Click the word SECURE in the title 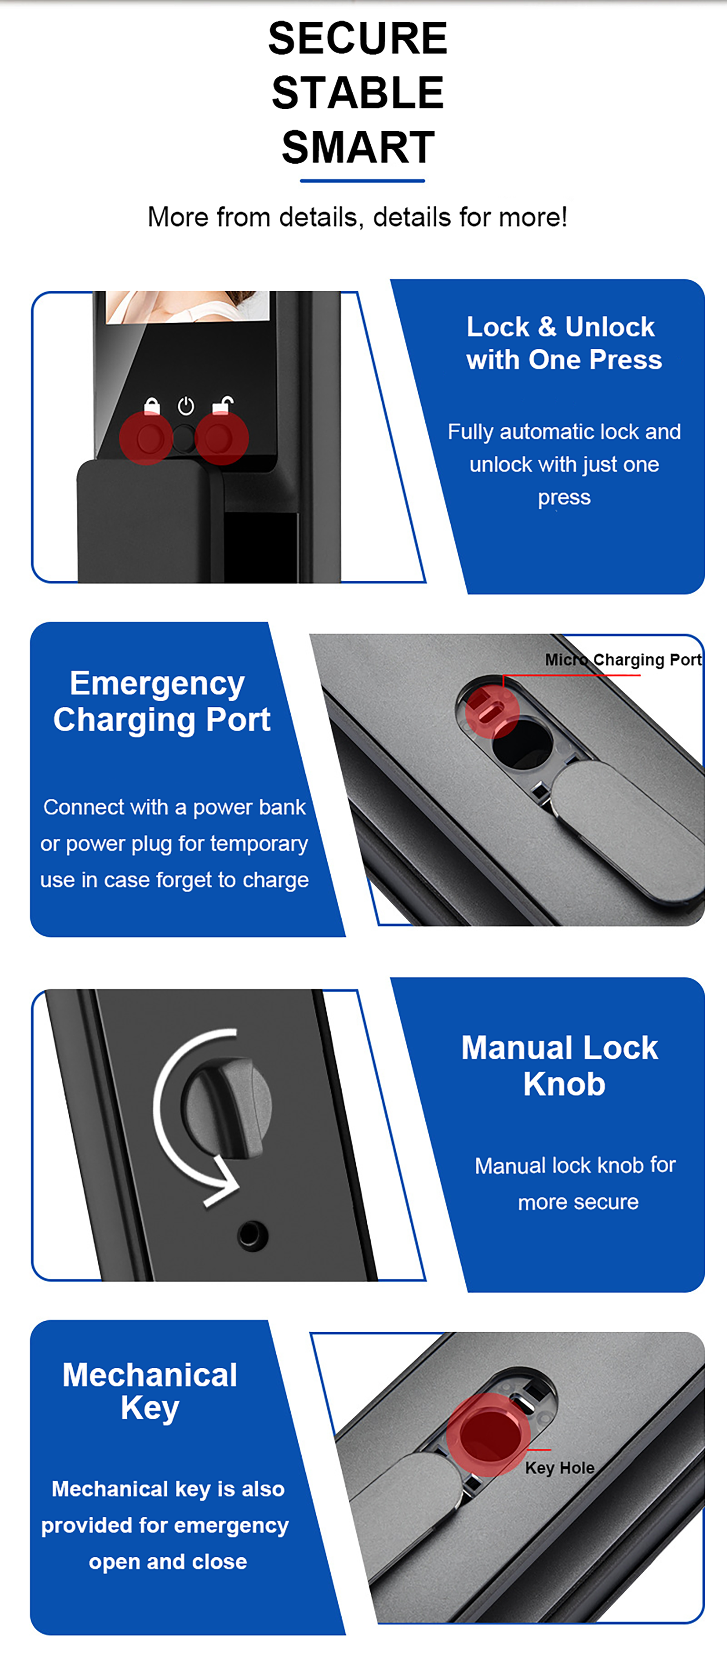pos(358,38)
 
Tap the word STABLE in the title pos(358,92)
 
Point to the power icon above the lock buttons pos(186,406)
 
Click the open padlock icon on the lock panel pos(223,405)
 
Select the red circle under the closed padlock pos(146,438)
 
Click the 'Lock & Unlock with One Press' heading pos(564,343)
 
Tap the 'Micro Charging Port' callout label pos(623,660)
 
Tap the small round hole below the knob pos(253,1235)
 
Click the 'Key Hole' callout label pos(560,1468)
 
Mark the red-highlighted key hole pos(488,1435)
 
